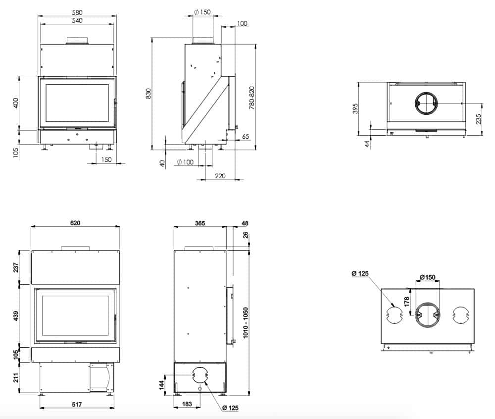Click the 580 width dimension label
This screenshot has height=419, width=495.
pos(77,12)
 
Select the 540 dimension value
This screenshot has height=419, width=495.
pos(77,20)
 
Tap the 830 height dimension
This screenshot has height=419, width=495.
pos(148,94)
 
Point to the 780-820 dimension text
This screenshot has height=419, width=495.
pos(252,98)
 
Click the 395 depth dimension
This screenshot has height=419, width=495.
pos(355,108)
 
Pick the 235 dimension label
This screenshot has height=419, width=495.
pos(479,119)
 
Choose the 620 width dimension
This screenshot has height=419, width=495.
pos(75,223)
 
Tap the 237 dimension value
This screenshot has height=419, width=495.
pos(16,267)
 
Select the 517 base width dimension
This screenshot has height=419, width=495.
pos(77,404)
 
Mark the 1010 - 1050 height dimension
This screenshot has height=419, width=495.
pos(246,323)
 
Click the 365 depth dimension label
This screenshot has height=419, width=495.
pos(200,223)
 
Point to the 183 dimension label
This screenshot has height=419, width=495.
pos(187,404)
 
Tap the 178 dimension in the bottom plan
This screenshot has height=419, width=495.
pos(406,301)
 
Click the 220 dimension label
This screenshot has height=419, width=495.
pos(220,176)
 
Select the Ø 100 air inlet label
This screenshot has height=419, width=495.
pos(185,162)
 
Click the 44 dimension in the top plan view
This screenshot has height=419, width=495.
pos(367,144)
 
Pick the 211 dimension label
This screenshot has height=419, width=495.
pos(16,377)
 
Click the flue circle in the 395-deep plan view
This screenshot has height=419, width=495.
pos(426,104)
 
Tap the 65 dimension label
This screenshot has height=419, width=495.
pos(246,136)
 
